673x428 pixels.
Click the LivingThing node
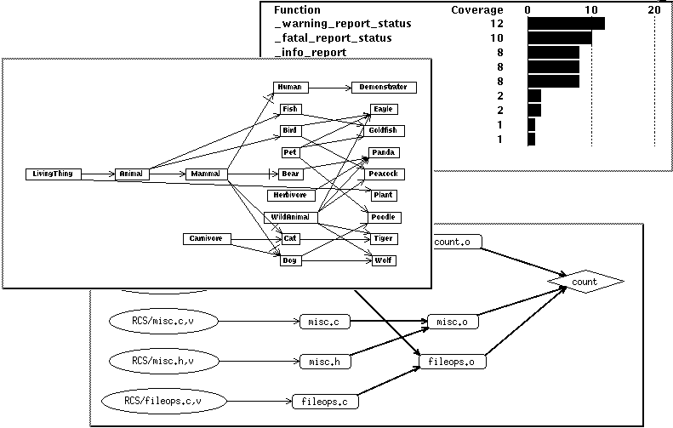click(x=54, y=174)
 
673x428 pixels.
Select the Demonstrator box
click(x=383, y=87)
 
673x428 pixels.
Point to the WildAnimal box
click(x=290, y=218)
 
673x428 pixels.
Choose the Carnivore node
click(x=207, y=238)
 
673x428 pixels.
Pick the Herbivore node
click(x=290, y=195)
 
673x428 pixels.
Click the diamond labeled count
click(x=585, y=281)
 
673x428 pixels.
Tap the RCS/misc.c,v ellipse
click(x=165, y=321)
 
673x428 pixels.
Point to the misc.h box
click(x=325, y=362)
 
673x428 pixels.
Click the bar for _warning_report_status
click(x=566, y=24)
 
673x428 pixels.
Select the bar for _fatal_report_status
click(x=559, y=38)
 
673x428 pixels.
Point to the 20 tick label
click(x=653, y=9)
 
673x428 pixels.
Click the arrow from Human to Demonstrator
click(x=328, y=87)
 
